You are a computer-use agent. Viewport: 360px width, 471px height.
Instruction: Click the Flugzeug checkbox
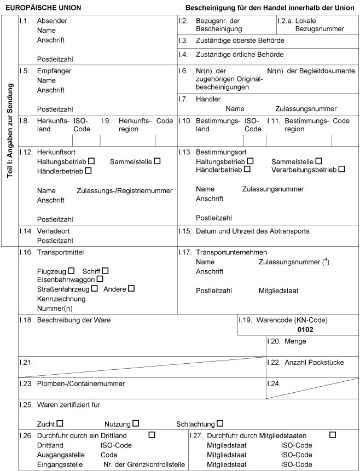tap(71, 271)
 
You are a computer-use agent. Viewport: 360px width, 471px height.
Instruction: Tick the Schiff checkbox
tap(105, 271)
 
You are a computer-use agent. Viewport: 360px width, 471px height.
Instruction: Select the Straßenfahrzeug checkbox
tap(95, 288)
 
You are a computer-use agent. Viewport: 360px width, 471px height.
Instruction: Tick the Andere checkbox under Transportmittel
tap(131, 288)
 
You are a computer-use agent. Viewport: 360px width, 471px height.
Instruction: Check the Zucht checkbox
tap(60, 423)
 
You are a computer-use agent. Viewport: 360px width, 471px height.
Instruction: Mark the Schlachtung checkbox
tap(220, 423)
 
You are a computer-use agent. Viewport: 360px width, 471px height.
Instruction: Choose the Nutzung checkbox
tap(135, 423)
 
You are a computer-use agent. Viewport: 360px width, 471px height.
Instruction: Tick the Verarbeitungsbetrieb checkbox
tap(341, 170)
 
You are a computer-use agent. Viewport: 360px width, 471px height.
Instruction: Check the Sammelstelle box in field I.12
tap(157, 161)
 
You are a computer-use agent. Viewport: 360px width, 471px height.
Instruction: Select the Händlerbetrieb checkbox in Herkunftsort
tap(88, 171)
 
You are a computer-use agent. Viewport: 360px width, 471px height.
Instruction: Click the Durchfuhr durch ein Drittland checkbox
tap(152, 435)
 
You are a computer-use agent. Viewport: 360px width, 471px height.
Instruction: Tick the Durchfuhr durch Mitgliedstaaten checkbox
tap(333, 435)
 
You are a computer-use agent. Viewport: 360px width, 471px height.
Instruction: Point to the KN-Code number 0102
tap(305, 330)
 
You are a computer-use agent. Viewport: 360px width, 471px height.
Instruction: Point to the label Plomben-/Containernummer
tap(81, 383)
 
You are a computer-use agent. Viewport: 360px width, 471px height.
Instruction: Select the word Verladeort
tap(53, 231)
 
